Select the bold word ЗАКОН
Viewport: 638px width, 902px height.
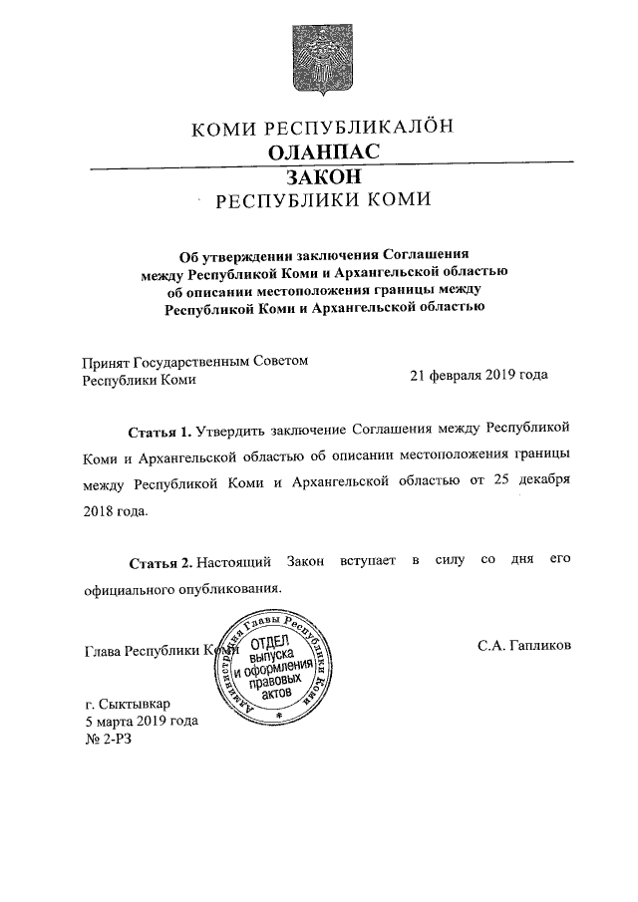coord(319,176)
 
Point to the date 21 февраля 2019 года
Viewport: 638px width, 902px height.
coord(479,377)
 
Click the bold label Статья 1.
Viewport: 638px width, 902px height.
coord(159,431)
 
